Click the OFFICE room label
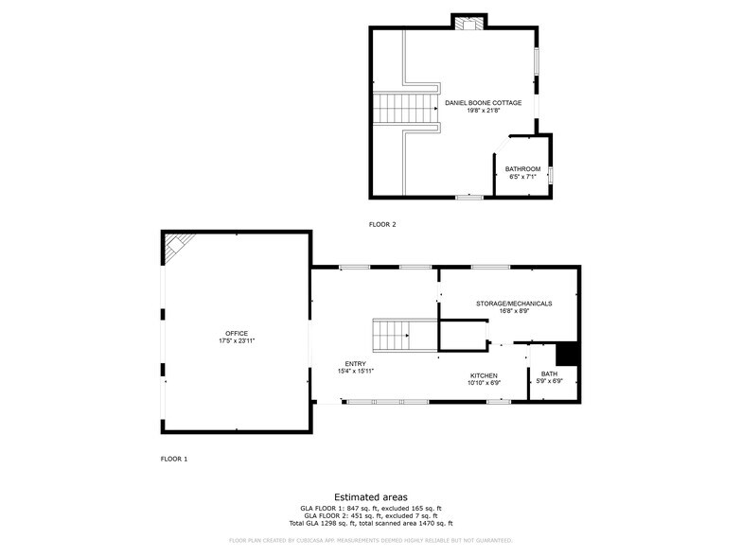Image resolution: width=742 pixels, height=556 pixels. pyautogui.click(x=237, y=333)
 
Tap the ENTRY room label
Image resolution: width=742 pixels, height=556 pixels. pyautogui.click(x=356, y=362)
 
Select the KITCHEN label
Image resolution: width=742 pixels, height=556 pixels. pyautogui.click(x=484, y=375)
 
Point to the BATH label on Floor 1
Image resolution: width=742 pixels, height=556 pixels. pyautogui.click(x=549, y=374)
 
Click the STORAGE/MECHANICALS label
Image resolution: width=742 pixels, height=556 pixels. pyautogui.click(x=513, y=304)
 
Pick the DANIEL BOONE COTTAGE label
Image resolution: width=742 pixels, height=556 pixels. pyautogui.click(x=483, y=102)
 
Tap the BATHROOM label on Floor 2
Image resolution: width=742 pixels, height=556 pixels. pyautogui.click(x=522, y=169)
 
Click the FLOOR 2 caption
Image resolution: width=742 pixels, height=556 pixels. pyautogui.click(x=382, y=225)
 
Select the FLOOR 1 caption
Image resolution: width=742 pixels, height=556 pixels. pyautogui.click(x=174, y=459)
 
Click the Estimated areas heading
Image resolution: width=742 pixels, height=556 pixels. pyautogui.click(x=371, y=496)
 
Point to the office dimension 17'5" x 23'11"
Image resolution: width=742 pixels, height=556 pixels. pyautogui.click(x=237, y=340)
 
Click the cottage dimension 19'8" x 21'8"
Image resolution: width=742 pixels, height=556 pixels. pyautogui.click(x=483, y=110)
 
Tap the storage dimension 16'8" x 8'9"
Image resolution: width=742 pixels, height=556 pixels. pyautogui.click(x=513, y=311)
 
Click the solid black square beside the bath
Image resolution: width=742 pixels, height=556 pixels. pyautogui.click(x=567, y=353)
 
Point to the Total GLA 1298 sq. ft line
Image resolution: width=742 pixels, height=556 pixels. pyautogui.click(x=371, y=523)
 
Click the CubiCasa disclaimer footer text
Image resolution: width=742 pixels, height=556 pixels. pyautogui.click(x=371, y=541)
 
